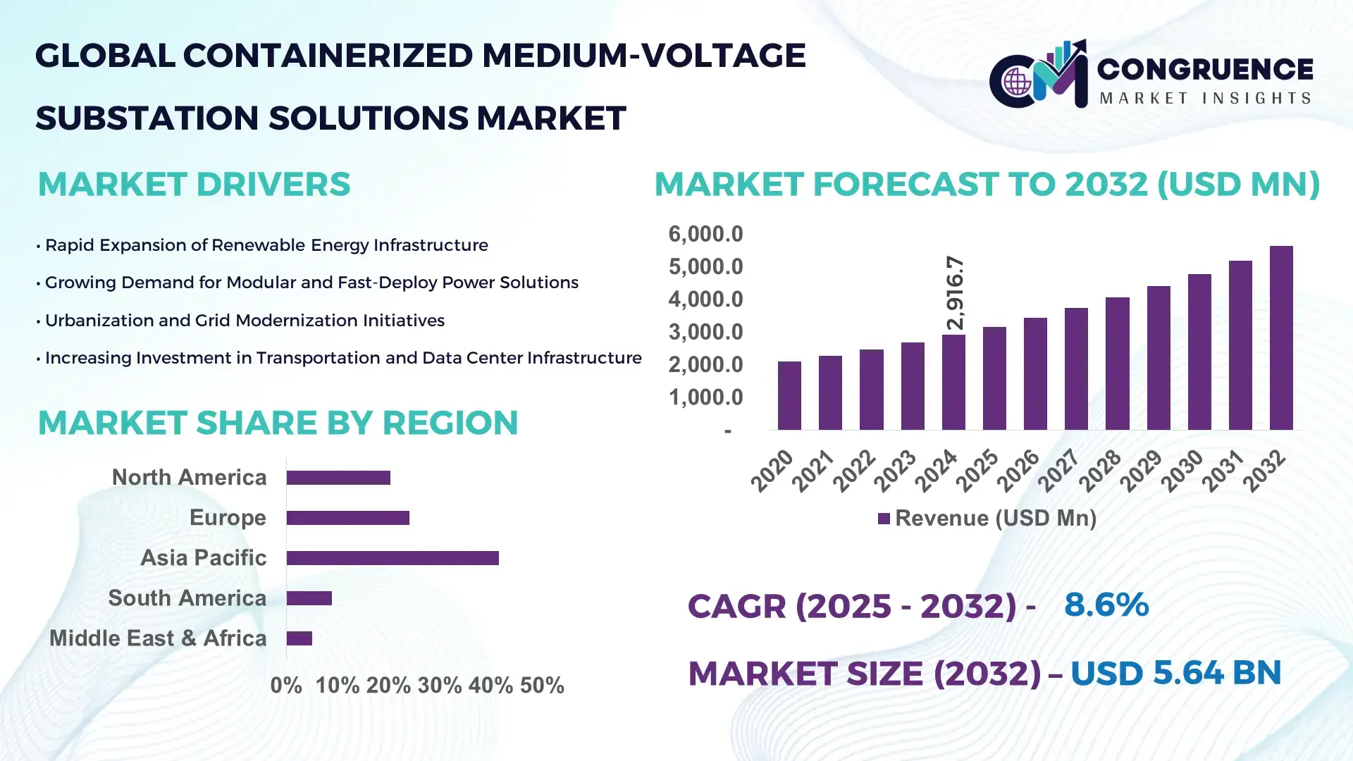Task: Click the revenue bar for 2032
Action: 1280,338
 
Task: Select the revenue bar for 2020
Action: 789,396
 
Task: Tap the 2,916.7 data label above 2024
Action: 955,292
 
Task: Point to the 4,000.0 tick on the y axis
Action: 705,299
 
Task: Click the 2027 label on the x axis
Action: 1059,470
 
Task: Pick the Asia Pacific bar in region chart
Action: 393,558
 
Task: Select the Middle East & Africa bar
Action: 299,638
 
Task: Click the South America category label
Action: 187,598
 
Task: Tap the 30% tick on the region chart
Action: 439,686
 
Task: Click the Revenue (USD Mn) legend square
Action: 884,519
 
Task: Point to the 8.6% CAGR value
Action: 1106,605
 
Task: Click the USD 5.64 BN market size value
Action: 1175,673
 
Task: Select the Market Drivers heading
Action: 194,185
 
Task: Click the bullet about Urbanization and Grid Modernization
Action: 244,321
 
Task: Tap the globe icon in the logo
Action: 1017,82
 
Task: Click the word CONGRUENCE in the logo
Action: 1205,69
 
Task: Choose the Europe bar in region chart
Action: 347,518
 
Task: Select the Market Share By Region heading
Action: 278,423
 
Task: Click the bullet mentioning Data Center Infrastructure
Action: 342,358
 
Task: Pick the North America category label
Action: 189,478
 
